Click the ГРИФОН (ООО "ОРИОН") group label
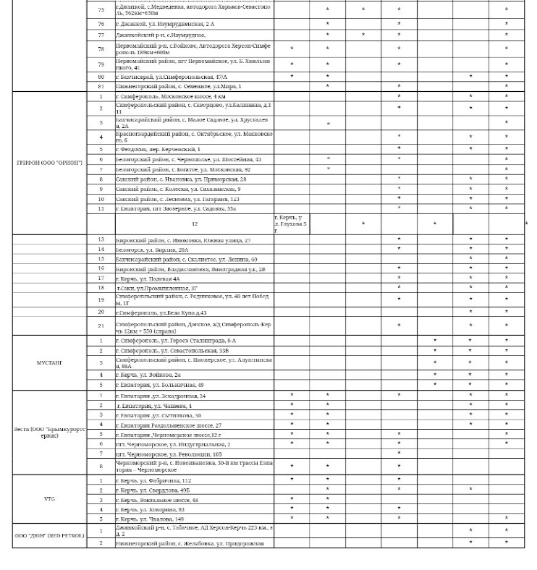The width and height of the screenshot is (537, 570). [x=49, y=163]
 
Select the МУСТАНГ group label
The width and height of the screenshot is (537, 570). [x=49, y=362]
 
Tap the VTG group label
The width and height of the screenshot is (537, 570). [x=49, y=499]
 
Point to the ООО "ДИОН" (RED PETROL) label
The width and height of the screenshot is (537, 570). [x=49, y=536]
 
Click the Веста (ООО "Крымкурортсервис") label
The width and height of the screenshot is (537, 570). [x=49, y=432]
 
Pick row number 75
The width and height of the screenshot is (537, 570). [x=101, y=10]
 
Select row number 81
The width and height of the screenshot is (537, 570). [x=101, y=86]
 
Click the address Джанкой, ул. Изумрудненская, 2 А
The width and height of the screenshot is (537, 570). [x=165, y=24]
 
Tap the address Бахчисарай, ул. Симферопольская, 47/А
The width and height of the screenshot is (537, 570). [x=172, y=76]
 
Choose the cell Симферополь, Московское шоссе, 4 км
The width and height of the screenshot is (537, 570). [x=171, y=96]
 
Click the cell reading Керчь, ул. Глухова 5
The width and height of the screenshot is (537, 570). [x=291, y=224]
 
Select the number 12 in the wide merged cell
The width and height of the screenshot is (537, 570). [x=194, y=224]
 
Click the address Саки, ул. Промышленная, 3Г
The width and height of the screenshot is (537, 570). [x=157, y=288]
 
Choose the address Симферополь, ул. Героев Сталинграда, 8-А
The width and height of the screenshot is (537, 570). [x=176, y=341]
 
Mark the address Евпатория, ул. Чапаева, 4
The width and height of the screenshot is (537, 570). [x=154, y=406]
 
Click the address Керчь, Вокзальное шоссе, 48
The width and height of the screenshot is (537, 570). [x=156, y=500]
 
